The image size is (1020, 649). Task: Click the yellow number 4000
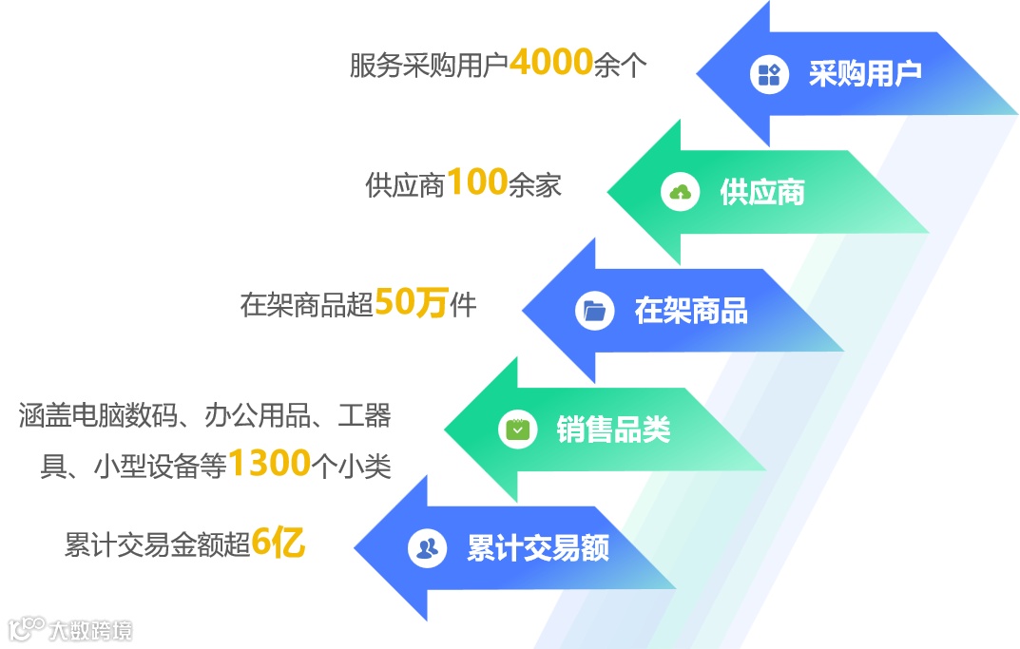pos(550,63)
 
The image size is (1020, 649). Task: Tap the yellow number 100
pos(477,182)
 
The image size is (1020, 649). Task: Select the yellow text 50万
pos(411,303)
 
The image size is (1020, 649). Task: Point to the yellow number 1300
pos(270,464)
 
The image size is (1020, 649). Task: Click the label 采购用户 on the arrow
pos(865,73)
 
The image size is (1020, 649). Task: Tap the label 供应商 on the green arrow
pos(761,193)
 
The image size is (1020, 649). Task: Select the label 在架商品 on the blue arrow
pos(690,311)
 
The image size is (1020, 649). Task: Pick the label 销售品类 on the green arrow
pos(613,429)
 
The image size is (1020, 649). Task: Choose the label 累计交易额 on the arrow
pos(538,548)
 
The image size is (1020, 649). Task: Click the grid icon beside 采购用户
pos(769,74)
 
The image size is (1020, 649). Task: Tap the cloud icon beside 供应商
pos(681,193)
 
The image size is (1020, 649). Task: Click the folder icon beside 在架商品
pos(595,311)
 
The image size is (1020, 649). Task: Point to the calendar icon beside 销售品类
pos(517,429)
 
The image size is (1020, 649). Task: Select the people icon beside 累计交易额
pos(428,548)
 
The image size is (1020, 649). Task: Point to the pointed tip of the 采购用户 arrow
pos(699,73)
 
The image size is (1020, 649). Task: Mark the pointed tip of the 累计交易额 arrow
pos(355,548)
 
